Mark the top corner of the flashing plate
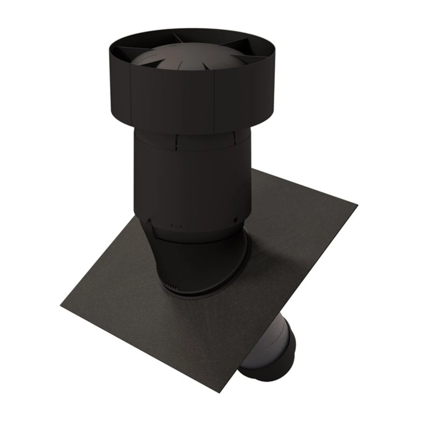(253, 170)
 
